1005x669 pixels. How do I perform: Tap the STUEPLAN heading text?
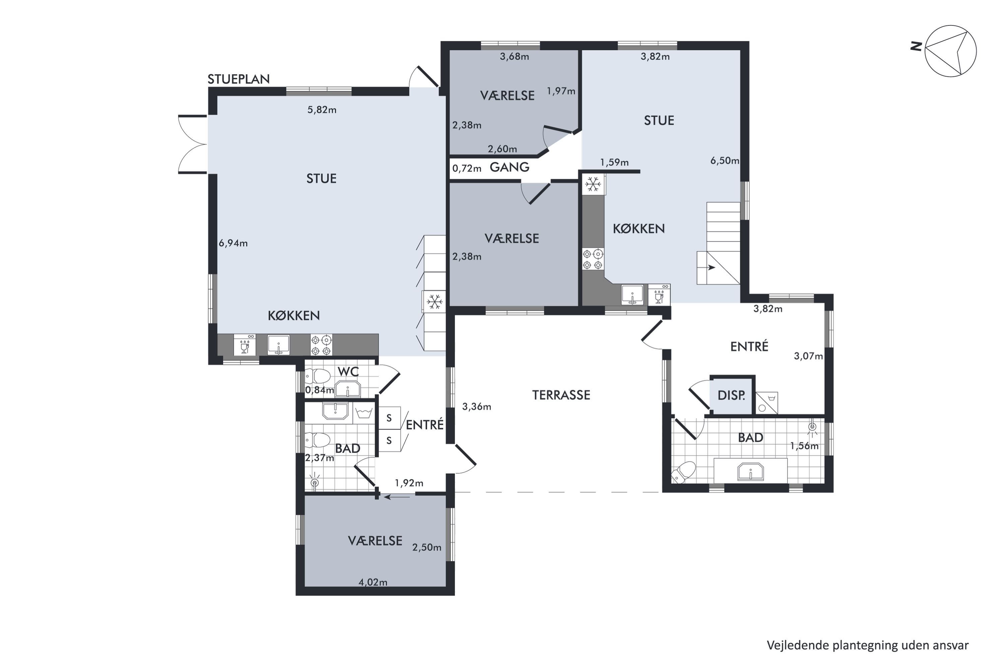point(239,79)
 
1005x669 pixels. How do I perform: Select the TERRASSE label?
point(561,395)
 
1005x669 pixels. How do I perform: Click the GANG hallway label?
point(510,167)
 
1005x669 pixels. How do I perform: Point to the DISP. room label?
point(731,395)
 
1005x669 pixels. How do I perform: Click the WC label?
point(348,372)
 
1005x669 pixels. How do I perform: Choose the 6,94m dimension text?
point(233,243)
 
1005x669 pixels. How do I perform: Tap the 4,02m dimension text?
point(373,582)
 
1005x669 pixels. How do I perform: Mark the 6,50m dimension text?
point(725,161)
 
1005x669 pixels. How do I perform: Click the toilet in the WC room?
point(318,376)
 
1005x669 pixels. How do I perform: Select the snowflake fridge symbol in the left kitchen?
point(434,302)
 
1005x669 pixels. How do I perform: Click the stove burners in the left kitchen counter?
point(321,345)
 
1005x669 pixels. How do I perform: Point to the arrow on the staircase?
point(710,268)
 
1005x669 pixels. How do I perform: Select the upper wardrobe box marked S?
point(389,418)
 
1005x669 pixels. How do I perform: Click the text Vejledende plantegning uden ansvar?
point(868,645)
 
